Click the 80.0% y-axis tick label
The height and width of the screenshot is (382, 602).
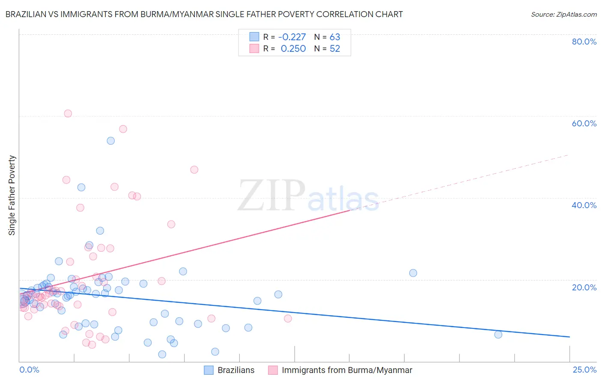point(584,42)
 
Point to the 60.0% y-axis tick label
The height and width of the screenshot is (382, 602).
point(584,123)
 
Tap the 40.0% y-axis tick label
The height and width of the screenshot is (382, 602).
point(584,205)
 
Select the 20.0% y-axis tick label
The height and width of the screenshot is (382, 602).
point(584,287)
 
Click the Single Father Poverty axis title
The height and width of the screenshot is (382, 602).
point(12,195)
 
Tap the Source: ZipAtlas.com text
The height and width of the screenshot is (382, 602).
point(563,14)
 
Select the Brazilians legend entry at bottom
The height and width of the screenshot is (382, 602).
point(235,370)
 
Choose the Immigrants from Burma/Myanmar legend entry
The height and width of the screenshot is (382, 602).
point(346,370)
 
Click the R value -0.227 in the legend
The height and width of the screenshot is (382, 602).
point(292,37)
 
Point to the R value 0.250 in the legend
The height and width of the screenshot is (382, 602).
point(293,48)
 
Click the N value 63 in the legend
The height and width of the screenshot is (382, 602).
point(335,37)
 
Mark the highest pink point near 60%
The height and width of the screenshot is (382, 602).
point(68,113)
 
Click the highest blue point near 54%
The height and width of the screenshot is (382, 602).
point(110,140)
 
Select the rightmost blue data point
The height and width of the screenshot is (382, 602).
point(498,334)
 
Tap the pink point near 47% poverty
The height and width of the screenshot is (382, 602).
point(194,170)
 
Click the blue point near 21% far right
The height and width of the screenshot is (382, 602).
point(413,273)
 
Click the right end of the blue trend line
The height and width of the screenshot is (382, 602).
point(569,337)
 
